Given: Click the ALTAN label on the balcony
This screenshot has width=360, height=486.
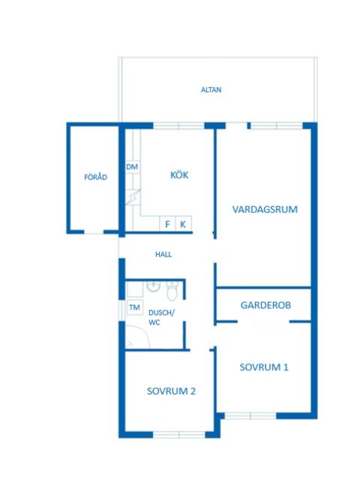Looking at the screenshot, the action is coord(211,90).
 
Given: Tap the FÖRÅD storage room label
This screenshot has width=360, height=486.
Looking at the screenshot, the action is coord(95,177).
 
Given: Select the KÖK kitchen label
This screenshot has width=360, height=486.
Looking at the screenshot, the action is coord(179,175).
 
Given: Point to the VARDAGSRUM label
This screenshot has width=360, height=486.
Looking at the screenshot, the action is coord(265,209).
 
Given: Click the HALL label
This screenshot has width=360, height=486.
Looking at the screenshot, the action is coord(163,254).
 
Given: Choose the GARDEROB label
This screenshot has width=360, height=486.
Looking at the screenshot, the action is coord(265,305).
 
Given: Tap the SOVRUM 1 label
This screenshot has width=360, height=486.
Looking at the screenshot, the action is coord(264,367).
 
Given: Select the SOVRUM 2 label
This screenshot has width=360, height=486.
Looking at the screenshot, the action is coord(171,391).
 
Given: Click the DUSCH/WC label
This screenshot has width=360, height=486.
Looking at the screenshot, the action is coord(161,317).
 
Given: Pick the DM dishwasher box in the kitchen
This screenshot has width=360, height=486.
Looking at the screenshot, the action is coord(133,167).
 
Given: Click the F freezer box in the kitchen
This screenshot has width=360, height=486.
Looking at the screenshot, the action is coord(167,223).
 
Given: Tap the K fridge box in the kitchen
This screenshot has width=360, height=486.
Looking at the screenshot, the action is coord(183,223).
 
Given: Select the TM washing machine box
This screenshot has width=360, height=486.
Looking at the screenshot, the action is coord(134,307).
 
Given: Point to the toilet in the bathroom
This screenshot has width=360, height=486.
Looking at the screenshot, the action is coord(172,291).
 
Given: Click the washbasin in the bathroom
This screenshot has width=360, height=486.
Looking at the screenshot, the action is coord(153,286).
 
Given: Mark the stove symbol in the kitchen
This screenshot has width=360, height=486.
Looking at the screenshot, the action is coord(133,197).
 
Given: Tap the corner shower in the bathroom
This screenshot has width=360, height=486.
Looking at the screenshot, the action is coord(138,336).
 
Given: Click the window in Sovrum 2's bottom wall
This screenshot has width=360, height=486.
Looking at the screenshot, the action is coord(179,435).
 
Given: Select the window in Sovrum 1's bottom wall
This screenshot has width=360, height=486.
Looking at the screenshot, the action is coord(250,415).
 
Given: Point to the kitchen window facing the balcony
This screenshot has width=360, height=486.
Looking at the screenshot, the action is coord(179,126).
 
